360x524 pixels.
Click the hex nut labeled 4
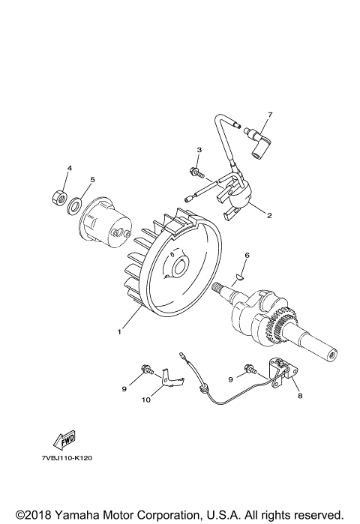click(x=58, y=197)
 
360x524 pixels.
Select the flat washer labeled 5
click(x=75, y=205)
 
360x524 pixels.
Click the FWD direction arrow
click(x=64, y=440)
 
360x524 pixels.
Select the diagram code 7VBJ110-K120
click(x=67, y=458)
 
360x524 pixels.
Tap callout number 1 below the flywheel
click(x=118, y=331)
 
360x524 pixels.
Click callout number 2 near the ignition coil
click(x=269, y=216)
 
